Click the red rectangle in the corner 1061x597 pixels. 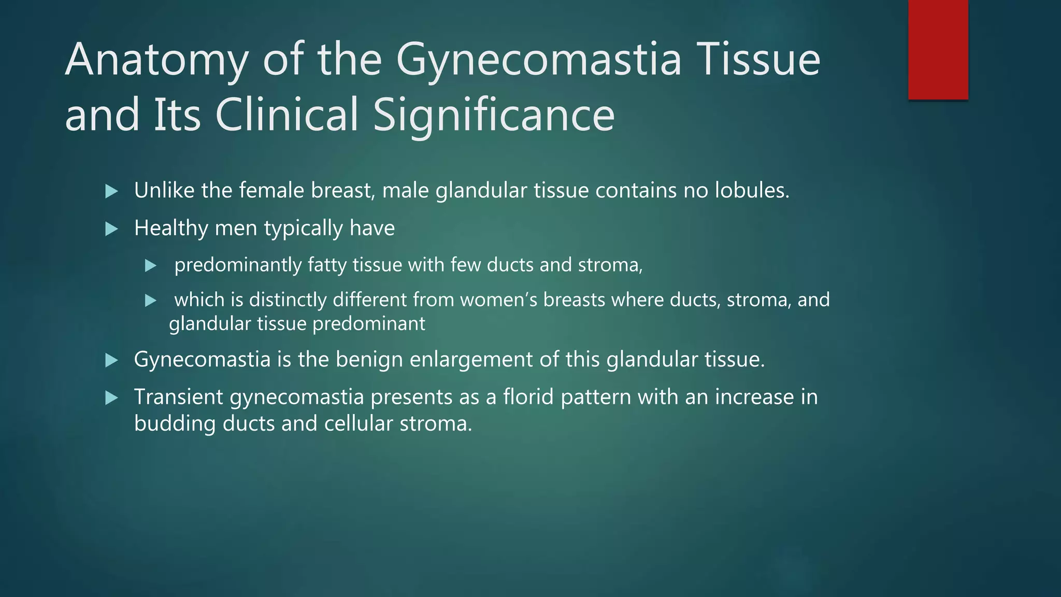(938, 49)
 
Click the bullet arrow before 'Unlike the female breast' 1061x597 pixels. (111, 192)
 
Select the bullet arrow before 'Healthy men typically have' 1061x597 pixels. (111, 229)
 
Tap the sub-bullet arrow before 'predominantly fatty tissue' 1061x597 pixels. (151, 266)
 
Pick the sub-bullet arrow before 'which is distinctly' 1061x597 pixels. (151, 301)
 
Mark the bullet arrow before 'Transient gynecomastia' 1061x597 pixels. (111, 398)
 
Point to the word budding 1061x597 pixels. (175, 424)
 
